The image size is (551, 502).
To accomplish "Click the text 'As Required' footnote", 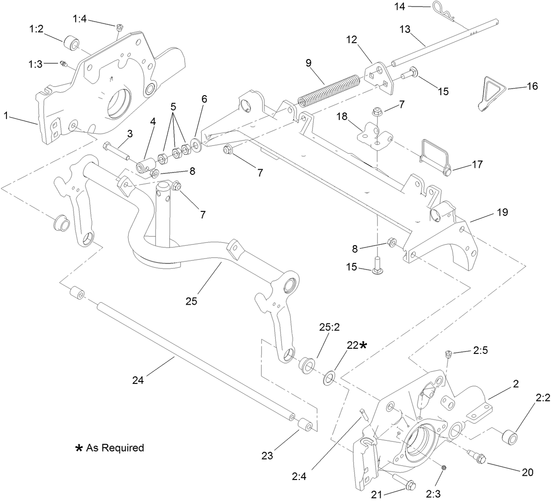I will (x=115, y=448).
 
